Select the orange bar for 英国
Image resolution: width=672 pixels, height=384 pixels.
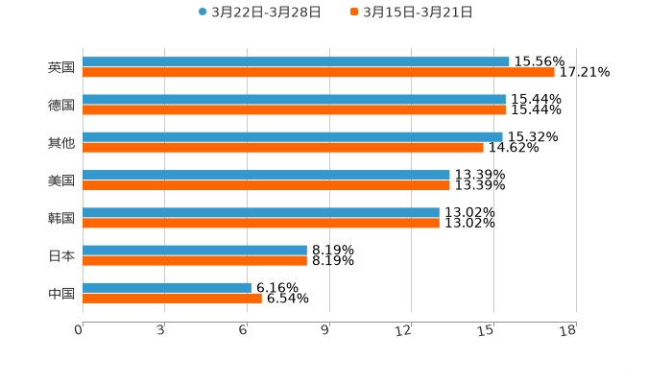(319, 73)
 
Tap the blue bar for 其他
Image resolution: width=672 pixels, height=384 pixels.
(293, 136)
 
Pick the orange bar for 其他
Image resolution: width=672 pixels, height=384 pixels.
(283, 148)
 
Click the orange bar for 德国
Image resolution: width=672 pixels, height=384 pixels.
(294, 110)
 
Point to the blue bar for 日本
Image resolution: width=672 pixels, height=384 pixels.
(195, 250)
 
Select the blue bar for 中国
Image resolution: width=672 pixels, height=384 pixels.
(167, 287)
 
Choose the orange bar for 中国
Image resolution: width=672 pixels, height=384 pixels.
(172, 299)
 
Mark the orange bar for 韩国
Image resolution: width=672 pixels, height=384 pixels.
(261, 223)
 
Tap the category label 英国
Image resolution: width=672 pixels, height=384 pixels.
(61, 68)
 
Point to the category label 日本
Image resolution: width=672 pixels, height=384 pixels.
(61, 256)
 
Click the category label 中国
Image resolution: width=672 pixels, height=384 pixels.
(61, 294)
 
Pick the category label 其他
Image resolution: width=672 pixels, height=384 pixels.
(61, 143)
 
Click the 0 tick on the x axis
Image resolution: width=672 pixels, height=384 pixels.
(80, 331)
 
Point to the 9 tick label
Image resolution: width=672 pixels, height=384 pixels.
(326, 331)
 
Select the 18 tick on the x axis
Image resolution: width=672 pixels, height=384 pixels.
(569, 331)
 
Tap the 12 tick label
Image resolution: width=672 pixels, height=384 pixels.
(406, 331)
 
